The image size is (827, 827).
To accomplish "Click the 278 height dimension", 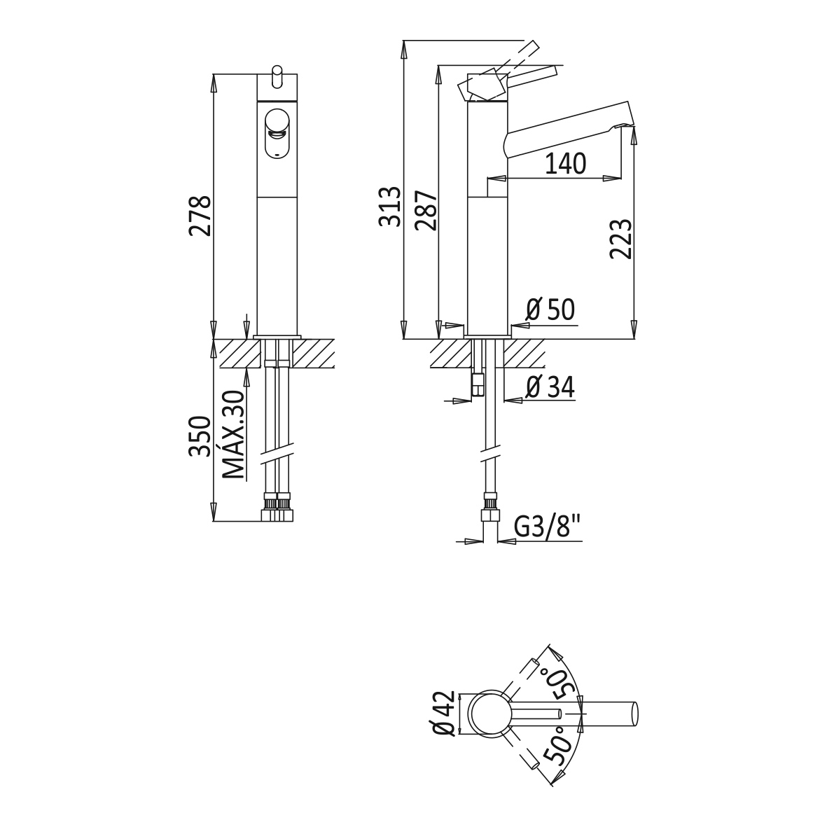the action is point(201,216).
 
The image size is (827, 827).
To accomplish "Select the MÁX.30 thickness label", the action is point(235,435).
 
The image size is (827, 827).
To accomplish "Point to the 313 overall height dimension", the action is point(390,206).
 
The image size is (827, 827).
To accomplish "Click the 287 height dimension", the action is point(426,210).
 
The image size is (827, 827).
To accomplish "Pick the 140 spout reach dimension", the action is point(565,164).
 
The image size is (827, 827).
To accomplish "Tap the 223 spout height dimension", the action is point(621,239).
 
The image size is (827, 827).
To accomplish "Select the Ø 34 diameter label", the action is point(550,387).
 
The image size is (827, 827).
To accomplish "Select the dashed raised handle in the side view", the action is point(501,69).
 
